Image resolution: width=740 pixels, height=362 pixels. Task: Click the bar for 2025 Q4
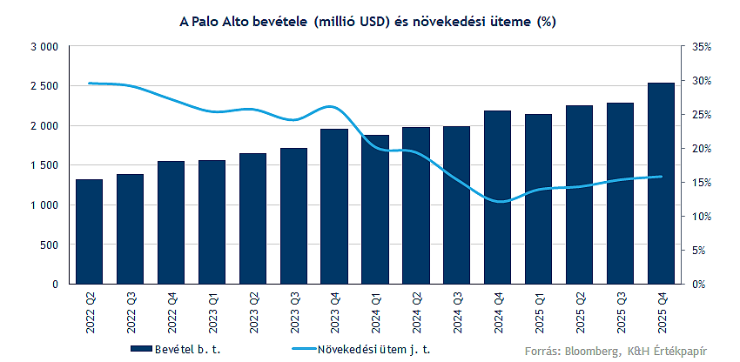coord(661,184)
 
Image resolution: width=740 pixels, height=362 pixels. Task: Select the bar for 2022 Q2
coord(89,231)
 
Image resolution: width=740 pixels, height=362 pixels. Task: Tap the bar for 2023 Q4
coord(334,207)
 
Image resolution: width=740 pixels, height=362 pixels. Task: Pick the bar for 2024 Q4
coord(498,198)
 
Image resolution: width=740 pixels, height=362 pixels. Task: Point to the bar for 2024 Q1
coord(375,210)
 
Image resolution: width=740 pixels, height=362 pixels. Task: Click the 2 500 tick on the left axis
coord(44,86)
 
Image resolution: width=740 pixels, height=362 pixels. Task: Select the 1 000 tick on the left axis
coord(44,205)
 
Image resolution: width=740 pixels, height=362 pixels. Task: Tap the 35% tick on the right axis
coord(702,47)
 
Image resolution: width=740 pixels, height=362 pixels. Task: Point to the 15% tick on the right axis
coord(702,183)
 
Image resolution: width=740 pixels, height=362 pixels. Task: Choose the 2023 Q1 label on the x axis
coord(212,312)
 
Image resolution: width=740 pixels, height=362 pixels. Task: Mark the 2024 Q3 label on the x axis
coord(457,312)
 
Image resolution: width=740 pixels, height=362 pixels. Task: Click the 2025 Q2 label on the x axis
coord(580,312)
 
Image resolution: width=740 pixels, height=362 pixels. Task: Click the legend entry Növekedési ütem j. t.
coord(361,349)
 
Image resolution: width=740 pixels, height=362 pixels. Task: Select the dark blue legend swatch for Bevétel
coord(141,349)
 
